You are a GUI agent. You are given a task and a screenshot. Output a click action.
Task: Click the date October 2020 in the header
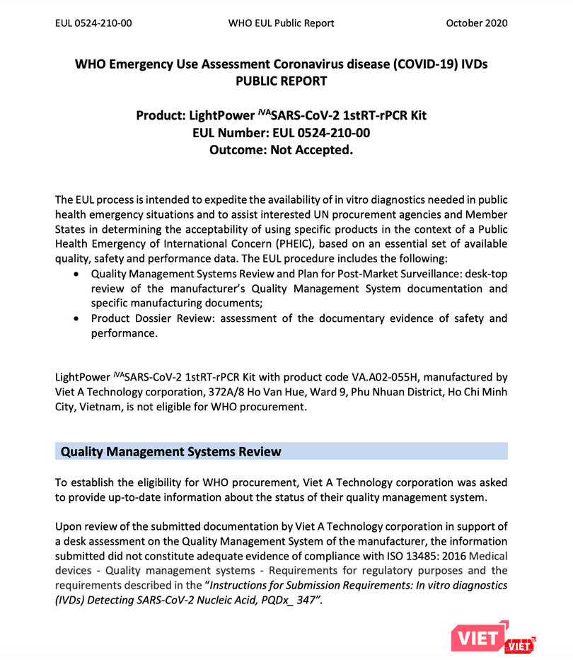(476, 23)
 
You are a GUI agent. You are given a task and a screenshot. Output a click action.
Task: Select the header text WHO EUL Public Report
(281, 23)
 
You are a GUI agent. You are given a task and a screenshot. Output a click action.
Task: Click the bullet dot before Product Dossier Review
(76, 318)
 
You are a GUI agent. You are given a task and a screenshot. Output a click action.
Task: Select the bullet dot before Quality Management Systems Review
(76, 274)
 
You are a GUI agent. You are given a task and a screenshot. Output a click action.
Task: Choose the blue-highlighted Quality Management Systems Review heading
(171, 451)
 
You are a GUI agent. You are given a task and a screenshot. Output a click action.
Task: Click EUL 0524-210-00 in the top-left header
(93, 23)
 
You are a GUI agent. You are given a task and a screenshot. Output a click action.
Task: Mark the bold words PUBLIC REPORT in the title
(281, 81)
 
